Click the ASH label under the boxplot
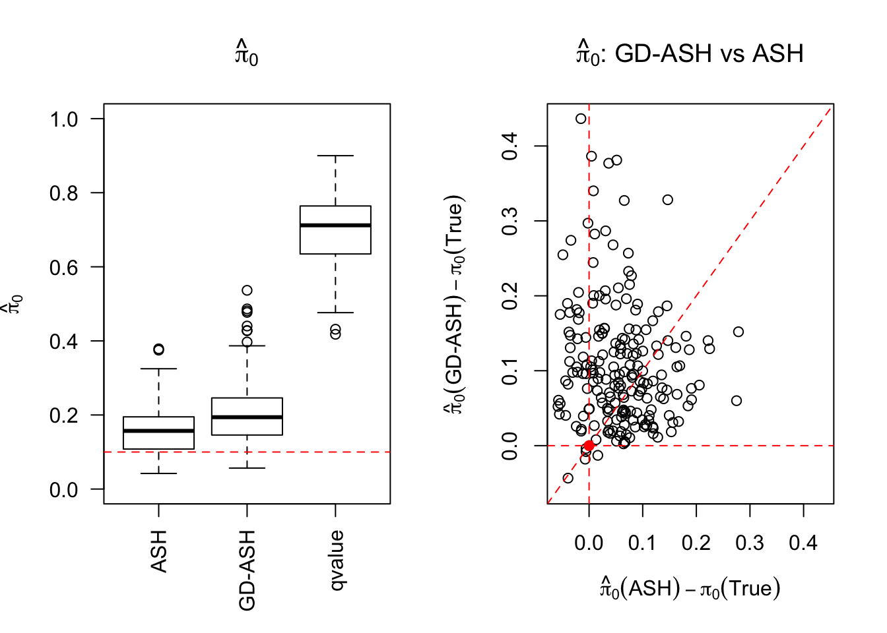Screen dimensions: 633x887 159,551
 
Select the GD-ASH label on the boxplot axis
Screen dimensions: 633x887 247,570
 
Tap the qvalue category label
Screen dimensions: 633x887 336,560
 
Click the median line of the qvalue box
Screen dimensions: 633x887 335,226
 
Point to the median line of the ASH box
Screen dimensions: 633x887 158,431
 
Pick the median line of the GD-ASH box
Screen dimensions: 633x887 247,417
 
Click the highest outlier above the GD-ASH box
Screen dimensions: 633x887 247,290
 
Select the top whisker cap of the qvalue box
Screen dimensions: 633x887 335,156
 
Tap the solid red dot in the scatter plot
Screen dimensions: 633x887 589,446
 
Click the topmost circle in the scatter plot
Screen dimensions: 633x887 581,119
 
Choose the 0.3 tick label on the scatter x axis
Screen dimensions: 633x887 750,543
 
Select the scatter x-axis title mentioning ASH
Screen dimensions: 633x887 690,588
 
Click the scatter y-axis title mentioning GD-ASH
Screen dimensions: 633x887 455,305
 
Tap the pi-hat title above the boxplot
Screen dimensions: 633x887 246,54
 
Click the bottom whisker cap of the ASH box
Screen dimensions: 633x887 158,473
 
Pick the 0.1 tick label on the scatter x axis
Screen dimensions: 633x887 642,543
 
